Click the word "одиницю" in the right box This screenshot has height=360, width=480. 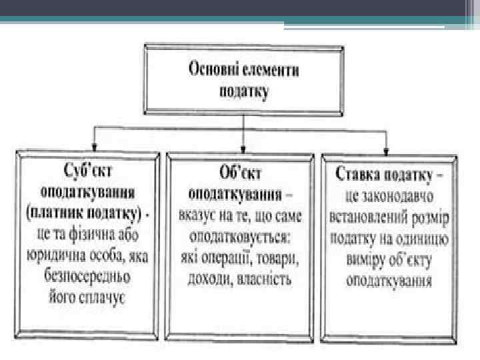coord(425,239)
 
